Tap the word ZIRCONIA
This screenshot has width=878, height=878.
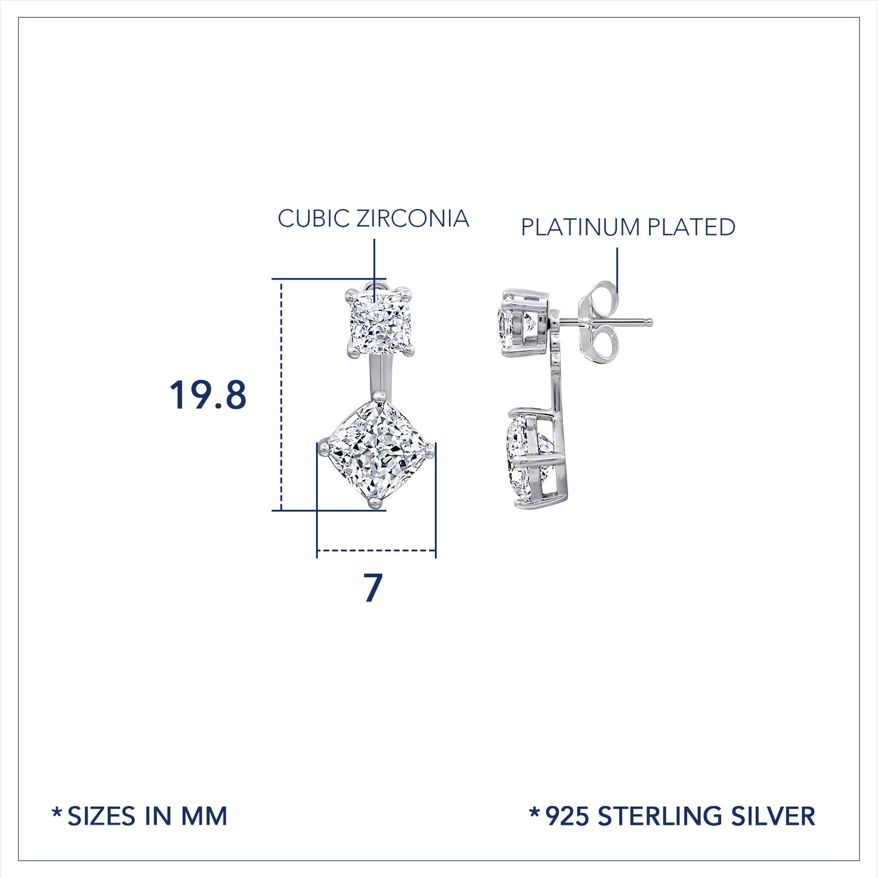(x=413, y=219)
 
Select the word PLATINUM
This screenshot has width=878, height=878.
(x=580, y=227)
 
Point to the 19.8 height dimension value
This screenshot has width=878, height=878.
(x=208, y=395)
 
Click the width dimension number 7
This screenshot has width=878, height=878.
(x=373, y=588)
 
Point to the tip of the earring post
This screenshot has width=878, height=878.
(x=650, y=322)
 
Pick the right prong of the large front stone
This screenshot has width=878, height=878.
(x=430, y=448)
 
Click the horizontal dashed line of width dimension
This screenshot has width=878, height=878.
(x=376, y=550)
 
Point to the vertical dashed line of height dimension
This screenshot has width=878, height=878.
(x=281, y=395)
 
